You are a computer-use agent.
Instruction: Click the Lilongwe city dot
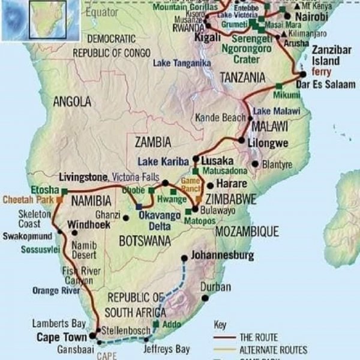point(242,141)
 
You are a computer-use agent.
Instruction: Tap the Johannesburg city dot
point(184,259)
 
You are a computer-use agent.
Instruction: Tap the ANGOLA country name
point(71,102)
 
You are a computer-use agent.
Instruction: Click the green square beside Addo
point(157,325)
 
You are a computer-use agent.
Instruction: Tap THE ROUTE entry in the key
point(258,338)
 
